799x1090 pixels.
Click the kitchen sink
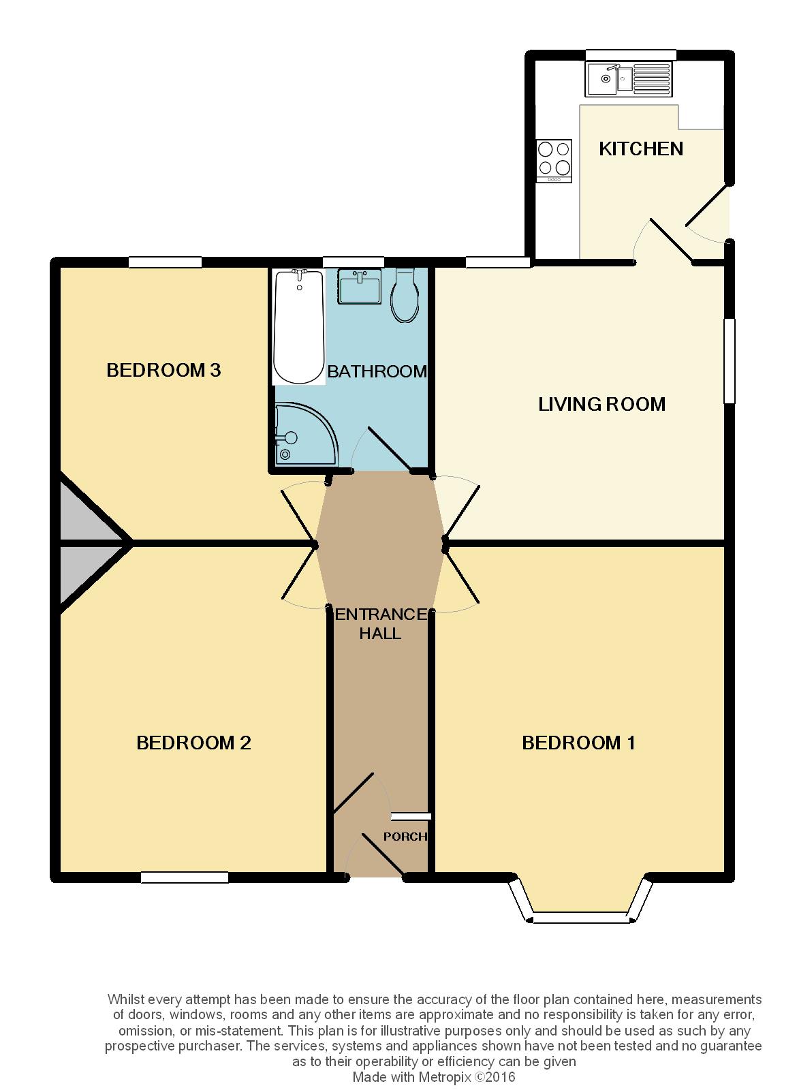point(629,78)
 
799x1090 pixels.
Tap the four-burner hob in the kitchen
point(554,161)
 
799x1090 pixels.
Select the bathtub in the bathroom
point(299,327)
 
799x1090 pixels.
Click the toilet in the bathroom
point(405,295)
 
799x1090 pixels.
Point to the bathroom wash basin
point(360,286)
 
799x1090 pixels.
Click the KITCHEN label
point(641,149)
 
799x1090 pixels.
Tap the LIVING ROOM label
point(601,405)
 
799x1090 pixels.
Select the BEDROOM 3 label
point(163,371)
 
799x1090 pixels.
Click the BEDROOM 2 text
point(193,743)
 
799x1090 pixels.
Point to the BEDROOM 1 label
point(578,743)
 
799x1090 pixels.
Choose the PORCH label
point(405,837)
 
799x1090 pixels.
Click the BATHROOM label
point(377,372)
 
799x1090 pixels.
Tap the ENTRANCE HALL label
point(381,624)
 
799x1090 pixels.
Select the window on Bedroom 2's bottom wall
point(185,877)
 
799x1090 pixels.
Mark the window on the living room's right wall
point(729,360)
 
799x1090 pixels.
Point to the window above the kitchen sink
point(631,54)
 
